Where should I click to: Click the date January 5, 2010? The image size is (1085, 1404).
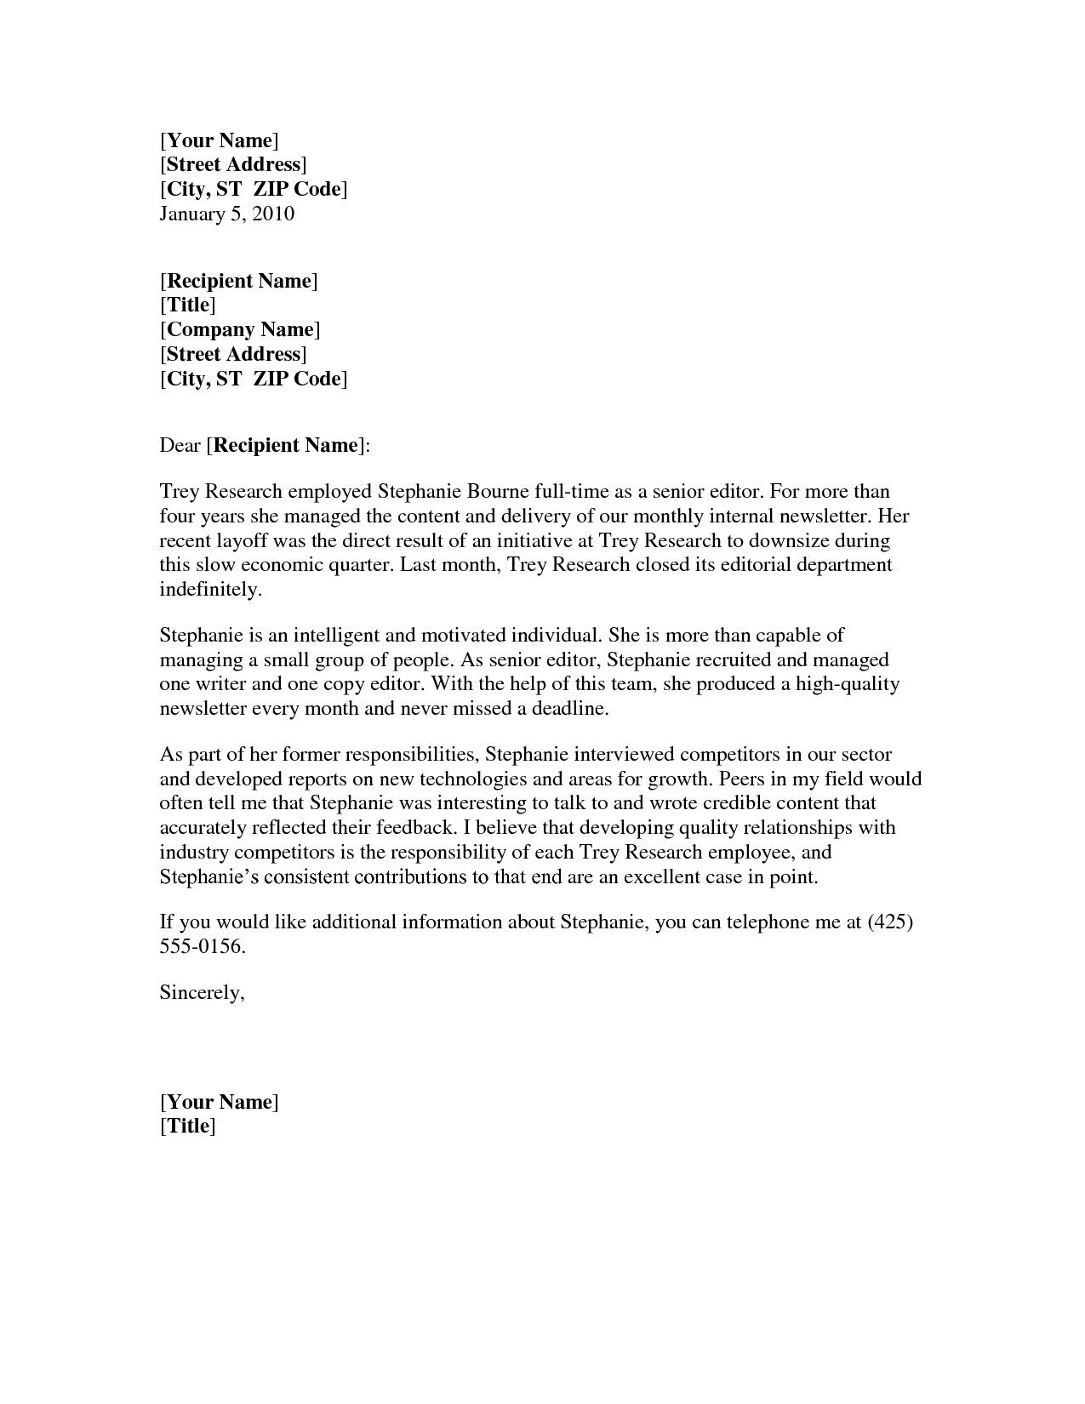click(226, 214)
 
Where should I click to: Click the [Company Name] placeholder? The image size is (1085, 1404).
click(240, 330)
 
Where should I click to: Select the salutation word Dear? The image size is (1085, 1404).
click(180, 446)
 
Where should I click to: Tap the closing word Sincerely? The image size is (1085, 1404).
click(202, 993)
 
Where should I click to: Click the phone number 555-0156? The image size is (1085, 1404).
click(202, 947)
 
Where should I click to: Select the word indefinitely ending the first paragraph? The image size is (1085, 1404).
click(208, 590)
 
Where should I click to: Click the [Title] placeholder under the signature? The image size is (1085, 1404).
click(187, 1127)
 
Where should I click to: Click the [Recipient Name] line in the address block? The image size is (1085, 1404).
click(238, 282)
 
